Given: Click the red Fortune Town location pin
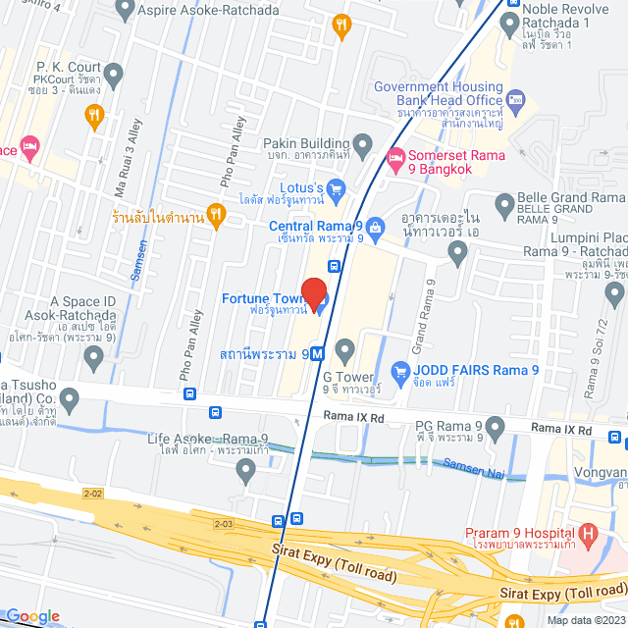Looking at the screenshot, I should point(313,292).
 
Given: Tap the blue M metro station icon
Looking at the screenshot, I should point(317,354).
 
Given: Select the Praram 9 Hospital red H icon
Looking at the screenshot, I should point(589,536).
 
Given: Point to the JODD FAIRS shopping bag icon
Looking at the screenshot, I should point(399,371).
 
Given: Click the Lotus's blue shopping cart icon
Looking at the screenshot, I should point(336,186).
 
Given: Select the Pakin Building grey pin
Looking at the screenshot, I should point(362,147).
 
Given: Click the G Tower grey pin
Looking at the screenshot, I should point(344,349).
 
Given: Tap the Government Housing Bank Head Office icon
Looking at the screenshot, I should point(517,98).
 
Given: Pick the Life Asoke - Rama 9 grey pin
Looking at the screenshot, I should point(246,471).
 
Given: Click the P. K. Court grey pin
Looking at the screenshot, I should point(114,74).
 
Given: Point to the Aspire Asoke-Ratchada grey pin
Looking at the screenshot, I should point(124,9).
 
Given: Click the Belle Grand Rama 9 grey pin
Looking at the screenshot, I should point(505,205).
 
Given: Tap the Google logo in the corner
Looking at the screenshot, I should point(32,615).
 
